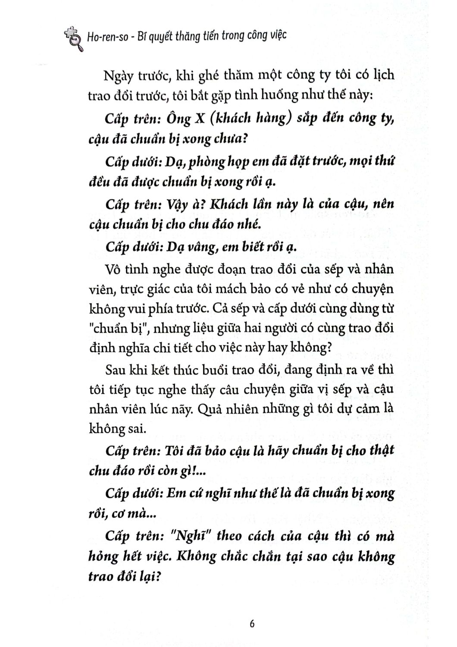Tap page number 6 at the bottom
tap(252, 624)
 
